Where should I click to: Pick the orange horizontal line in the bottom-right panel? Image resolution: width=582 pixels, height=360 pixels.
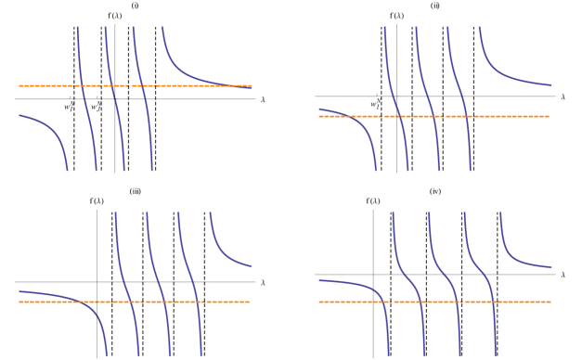[x=529, y=302]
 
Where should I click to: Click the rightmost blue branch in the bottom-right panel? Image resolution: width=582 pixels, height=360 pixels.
[x=520, y=260]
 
